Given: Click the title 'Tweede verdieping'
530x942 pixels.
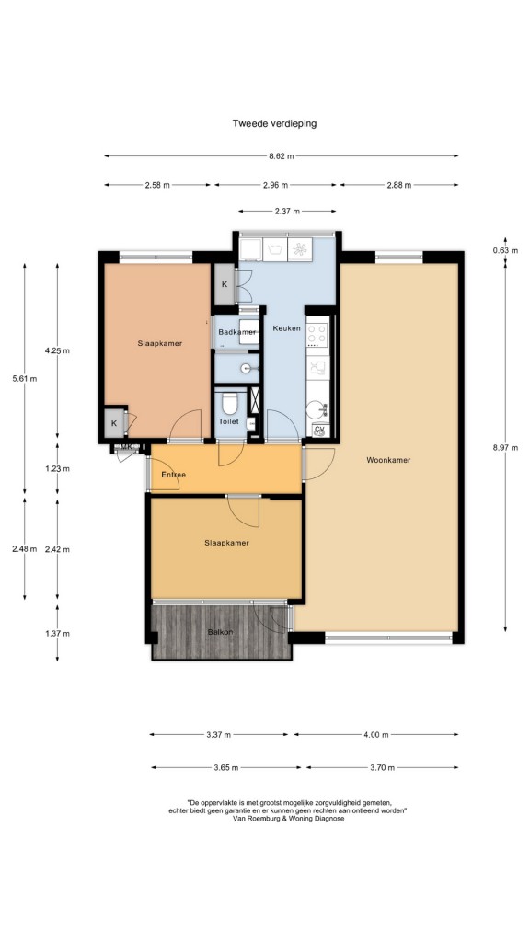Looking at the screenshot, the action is (x=274, y=124).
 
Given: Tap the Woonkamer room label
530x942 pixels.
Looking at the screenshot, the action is (x=388, y=460).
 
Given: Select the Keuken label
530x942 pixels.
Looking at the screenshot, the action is (x=286, y=328).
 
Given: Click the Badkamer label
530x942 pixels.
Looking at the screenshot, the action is (x=236, y=332).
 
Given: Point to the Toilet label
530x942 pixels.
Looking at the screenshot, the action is (x=228, y=421).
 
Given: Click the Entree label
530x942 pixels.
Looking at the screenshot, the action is (x=174, y=475).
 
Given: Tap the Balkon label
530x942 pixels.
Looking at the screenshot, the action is (x=220, y=632).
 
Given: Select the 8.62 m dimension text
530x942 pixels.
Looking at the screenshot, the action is (x=282, y=156).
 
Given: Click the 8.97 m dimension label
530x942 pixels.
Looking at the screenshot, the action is (x=505, y=447).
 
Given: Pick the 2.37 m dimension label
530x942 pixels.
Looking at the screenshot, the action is (x=287, y=212).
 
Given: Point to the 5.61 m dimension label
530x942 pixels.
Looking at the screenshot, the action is (x=24, y=379).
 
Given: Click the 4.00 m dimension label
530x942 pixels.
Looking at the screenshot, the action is (x=376, y=735).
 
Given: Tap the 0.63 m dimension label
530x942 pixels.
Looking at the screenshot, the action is (x=505, y=250).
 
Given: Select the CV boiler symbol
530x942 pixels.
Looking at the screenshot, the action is (x=319, y=431).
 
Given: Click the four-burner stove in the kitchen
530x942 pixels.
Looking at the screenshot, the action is (x=317, y=335).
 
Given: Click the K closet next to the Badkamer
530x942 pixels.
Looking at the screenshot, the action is (x=225, y=284).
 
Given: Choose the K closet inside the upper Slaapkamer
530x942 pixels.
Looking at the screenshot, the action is (x=113, y=423).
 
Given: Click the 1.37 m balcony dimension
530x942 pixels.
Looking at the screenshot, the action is (x=57, y=633).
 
